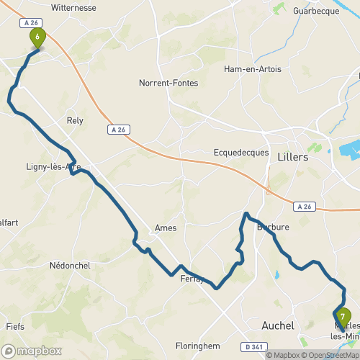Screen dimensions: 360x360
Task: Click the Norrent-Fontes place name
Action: pyautogui.click(x=168, y=83)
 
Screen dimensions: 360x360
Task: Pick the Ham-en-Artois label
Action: pyautogui.click(x=252, y=69)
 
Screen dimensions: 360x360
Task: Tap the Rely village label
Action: pyautogui.click(x=75, y=120)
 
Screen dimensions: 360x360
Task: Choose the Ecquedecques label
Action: pyautogui.click(x=240, y=152)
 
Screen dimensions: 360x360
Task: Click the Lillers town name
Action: pyautogui.click(x=292, y=156)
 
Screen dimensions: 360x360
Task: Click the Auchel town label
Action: pyautogui.click(x=279, y=325)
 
